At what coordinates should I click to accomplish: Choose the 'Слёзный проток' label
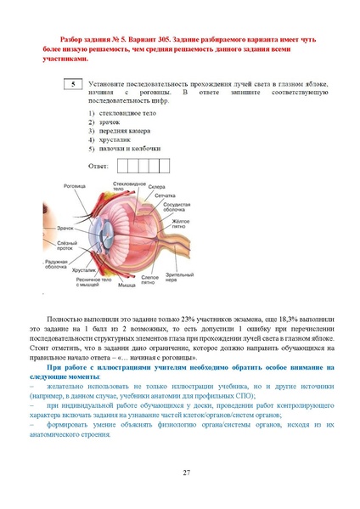point(56,246)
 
